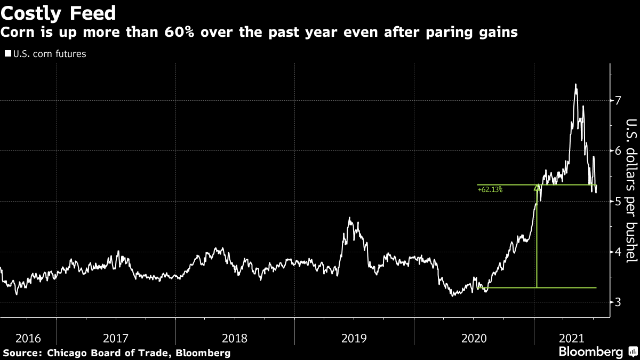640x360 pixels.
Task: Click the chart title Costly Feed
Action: click(x=59, y=12)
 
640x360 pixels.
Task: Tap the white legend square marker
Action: click(x=7, y=54)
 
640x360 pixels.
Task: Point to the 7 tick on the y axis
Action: click(x=618, y=100)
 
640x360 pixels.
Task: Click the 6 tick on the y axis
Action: click(x=618, y=151)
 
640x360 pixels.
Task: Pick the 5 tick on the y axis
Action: click(x=618, y=202)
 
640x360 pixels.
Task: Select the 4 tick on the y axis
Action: click(x=618, y=252)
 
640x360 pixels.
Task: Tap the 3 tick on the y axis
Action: click(x=618, y=302)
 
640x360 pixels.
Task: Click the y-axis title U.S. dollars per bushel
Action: click(x=630, y=191)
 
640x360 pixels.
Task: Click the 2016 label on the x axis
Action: click(x=28, y=338)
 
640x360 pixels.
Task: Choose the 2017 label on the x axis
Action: click(x=116, y=338)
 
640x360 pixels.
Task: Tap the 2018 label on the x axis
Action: click(x=235, y=338)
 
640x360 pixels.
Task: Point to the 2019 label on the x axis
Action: click(x=354, y=338)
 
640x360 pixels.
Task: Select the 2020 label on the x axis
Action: click(x=474, y=338)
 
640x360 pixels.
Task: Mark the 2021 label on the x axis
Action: click(x=571, y=338)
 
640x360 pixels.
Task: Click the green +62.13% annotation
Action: click(x=490, y=189)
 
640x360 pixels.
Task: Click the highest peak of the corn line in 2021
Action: click(x=575, y=84)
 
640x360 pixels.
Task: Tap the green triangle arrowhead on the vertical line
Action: click(x=537, y=188)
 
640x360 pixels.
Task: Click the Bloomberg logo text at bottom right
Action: click(x=590, y=352)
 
